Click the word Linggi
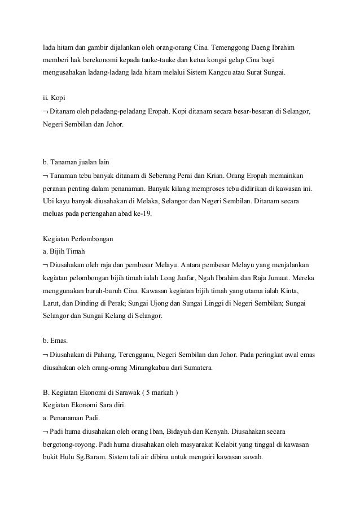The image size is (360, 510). (201, 304)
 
